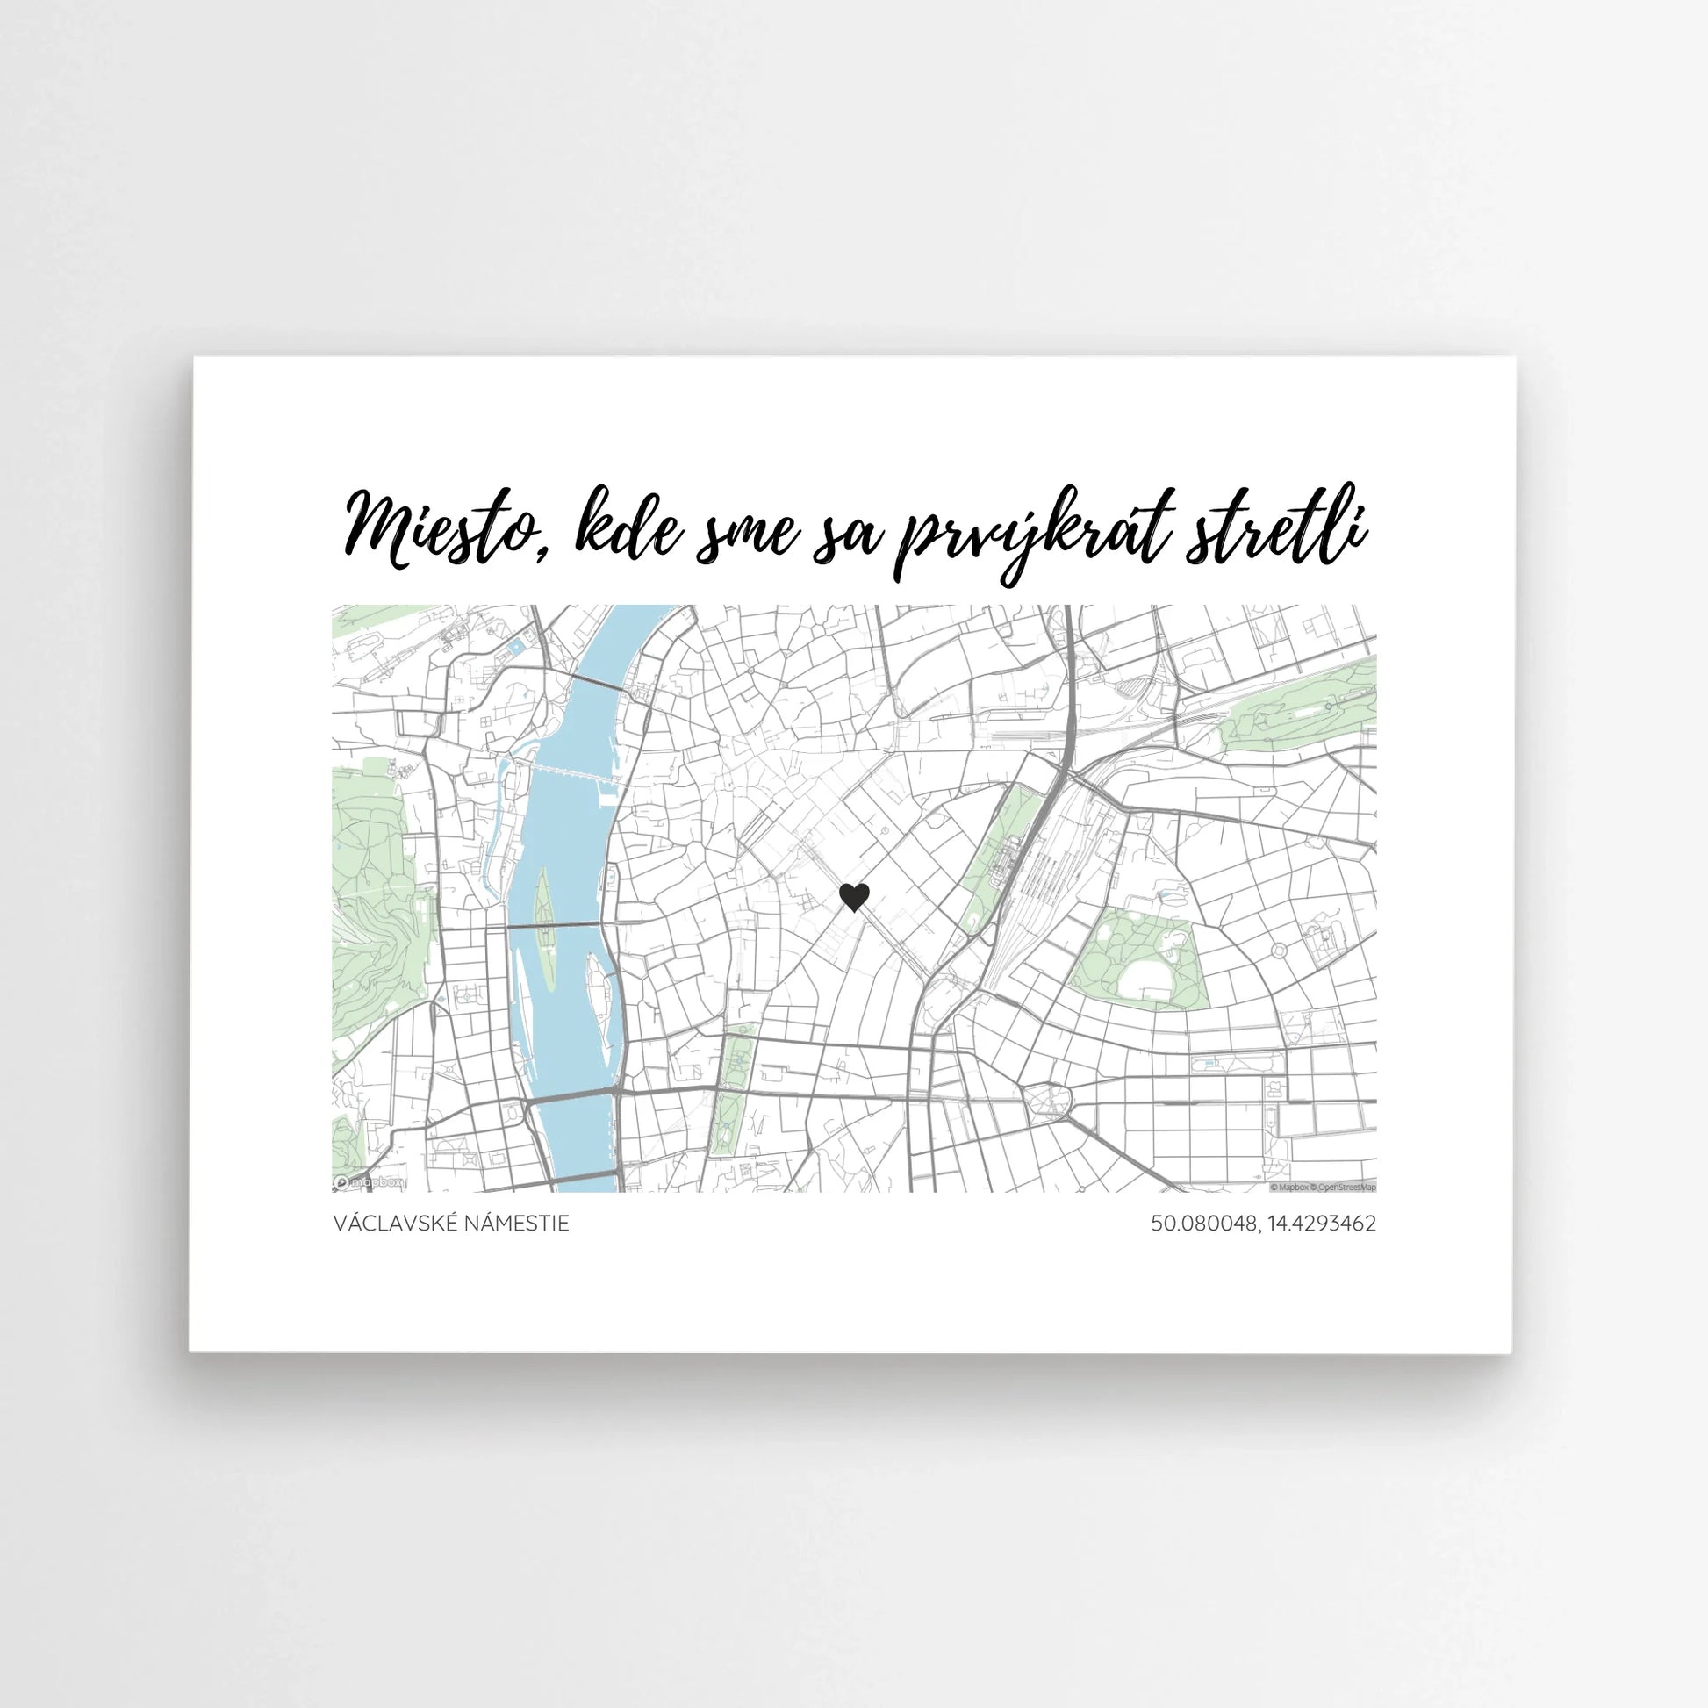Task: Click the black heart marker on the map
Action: [853, 897]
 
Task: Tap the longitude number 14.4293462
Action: [1323, 1224]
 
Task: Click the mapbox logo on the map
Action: [370, 1182]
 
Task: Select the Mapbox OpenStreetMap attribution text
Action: [1323, 1188]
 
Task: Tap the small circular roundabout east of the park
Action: [1278, 951]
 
